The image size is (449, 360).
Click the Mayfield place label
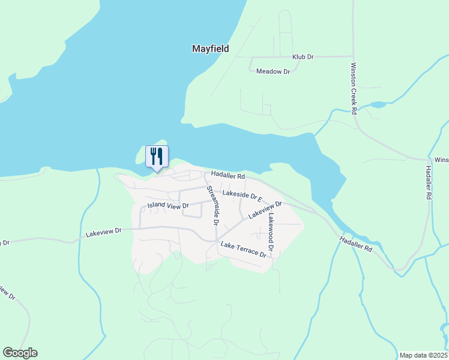(210, 49)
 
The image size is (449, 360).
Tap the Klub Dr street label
(303, 57)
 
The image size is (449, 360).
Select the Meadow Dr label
(273, 71)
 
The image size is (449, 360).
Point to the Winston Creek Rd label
(354, 88)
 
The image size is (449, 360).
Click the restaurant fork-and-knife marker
(157, 157)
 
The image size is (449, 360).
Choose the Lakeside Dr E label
(243, 195)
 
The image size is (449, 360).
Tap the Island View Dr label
(169, 206)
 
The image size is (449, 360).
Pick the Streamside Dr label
(212, 205)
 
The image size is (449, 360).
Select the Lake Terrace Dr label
(243, 249)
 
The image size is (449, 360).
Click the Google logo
(20, 353)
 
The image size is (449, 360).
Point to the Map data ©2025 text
(423, 355)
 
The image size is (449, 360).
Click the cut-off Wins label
(442, 160)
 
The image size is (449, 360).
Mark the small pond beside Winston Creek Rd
(378, 105)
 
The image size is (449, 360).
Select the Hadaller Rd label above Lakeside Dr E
(228, 177)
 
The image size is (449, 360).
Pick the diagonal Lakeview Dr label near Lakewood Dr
(265, 209)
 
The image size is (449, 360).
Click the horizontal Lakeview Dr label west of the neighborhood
(104, 230)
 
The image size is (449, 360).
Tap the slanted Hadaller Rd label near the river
(355, 243)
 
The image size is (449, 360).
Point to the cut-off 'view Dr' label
(6, 293)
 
